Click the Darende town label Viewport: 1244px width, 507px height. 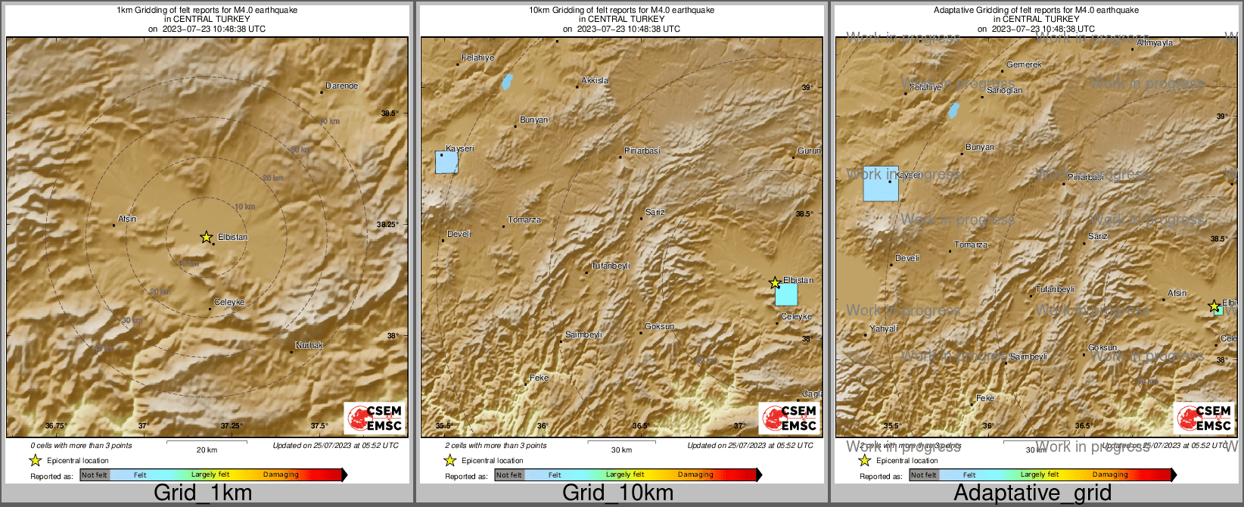coord(341,86)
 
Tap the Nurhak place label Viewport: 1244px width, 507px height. coord(309,345)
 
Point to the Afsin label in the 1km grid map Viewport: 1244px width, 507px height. coord(127,219)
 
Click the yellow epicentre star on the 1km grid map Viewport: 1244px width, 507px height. coord(206,237)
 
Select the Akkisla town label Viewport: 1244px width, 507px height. coord(595,80)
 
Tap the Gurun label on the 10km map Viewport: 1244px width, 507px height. coord(809,151)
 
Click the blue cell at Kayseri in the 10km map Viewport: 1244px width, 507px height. coord(446,163)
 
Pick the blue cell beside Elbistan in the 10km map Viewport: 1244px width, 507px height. coord(786,294)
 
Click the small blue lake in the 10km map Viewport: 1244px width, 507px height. coord(506,82)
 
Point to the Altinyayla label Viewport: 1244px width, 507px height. coord(1154,43)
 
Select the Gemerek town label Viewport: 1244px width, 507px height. coord(1024,64)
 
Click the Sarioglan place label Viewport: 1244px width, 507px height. coord(1004,90)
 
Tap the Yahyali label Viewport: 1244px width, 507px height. coord(883,328)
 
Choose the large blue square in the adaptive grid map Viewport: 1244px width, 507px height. coord(881,184)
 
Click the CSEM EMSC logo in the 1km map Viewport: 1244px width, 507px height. coord(375,418)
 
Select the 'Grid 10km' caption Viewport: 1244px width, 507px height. coord(617,493)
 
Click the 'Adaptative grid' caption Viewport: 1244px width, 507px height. coord(1032,493)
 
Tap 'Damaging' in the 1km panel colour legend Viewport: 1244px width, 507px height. coord(281,474)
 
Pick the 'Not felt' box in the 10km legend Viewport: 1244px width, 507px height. coord(509,475)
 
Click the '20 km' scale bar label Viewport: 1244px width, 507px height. coord(207,449)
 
